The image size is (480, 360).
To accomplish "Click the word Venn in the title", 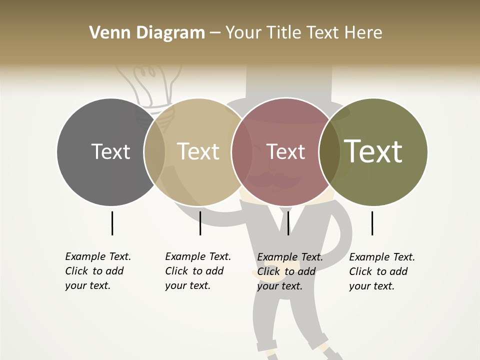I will click(x=107, y=33).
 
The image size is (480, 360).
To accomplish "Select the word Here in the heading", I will click(x=365, y=33).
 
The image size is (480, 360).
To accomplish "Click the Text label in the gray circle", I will click(x=110, y=151).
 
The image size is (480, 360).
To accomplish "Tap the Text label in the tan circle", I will click(x=198, y=151).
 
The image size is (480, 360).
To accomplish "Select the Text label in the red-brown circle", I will click(x=285, y=151).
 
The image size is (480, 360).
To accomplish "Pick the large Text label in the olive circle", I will click(x=373, y=151).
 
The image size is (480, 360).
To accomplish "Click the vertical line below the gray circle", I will click(x=112, y=223).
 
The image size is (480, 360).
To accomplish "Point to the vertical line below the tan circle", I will click(x=200, y=223).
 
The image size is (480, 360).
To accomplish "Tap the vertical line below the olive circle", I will click(x=372, y=223).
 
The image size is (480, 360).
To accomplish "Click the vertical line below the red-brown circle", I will click(x=288, y=223).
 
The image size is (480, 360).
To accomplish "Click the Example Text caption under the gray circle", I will click(x=97, y=271).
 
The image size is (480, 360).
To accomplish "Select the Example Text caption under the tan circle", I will click(x=197, y=271).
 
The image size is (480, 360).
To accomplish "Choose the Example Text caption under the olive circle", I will click(x=381, y=271).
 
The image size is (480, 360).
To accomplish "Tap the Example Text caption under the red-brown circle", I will click(x=289, y=271).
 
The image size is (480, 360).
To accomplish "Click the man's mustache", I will click(x=275, y=180).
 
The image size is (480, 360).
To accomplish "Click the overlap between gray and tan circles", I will click(x=154, y=151).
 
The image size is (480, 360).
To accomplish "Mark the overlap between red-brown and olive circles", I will click(x=329, y=151).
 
